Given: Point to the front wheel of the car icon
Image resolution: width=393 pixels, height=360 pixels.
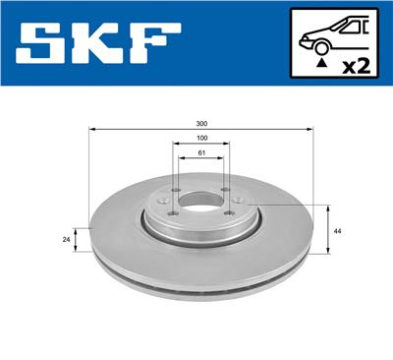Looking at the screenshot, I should tap(321, 46).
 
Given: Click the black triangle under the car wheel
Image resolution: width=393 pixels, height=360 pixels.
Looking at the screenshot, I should tap(321, 64).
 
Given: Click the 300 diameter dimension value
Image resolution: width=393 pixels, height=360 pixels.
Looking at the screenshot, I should tap(201, 123).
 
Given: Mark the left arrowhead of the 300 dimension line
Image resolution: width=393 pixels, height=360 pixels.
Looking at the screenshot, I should tap(91, 129).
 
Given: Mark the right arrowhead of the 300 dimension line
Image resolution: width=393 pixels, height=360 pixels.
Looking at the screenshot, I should tap(311, 129).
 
